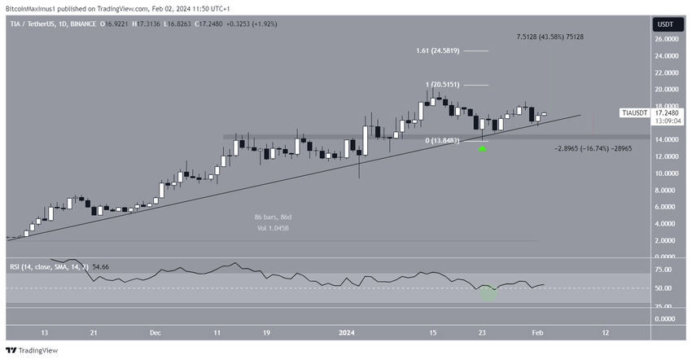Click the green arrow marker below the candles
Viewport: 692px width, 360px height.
(483, 148)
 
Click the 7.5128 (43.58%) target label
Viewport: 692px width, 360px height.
(550, 37)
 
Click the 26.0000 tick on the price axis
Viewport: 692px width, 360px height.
(669, 38)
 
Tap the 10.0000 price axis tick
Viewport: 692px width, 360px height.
(669, 173)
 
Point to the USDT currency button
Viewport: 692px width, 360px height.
(665, 24)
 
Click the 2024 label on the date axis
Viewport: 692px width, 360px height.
(347, 332)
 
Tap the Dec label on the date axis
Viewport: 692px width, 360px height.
(155, 332)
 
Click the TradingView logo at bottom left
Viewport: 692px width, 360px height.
(36, 350)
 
